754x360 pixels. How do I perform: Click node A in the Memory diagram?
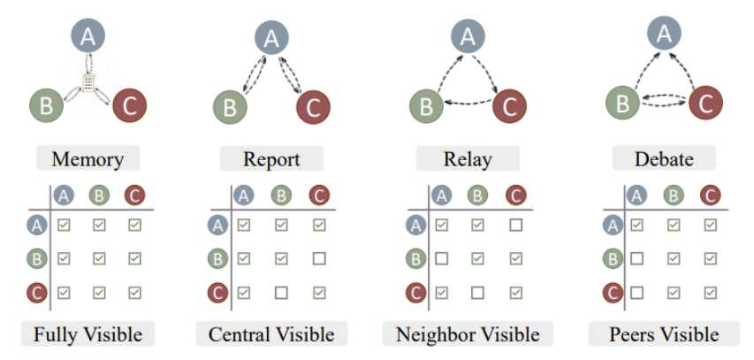pos(88,36)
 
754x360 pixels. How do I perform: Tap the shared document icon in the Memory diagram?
pos(88,83)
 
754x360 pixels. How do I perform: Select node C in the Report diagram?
pos(313,107)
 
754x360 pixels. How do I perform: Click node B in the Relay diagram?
pos(427,106)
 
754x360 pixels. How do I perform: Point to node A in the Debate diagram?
pos(664,34)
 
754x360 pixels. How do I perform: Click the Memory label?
pos(88,158)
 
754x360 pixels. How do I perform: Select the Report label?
pos(271,158)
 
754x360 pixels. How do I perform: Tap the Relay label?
pos(468,158)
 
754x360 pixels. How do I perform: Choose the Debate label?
pos(664,158)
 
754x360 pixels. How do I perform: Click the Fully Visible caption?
pos(88,334)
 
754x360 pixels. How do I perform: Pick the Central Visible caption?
pos(271,334)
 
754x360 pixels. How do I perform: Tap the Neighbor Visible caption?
pos(468,334)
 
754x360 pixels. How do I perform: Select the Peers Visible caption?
pos(664,334)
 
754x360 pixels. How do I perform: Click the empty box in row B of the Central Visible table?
pos(319,259)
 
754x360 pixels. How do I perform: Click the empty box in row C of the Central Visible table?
pos(281,293)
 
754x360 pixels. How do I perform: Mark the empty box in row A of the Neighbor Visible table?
pos(516,225)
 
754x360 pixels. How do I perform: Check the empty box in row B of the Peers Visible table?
pos(636,259)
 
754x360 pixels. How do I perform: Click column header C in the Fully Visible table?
pos(134,195)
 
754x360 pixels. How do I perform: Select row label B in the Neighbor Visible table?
pos(416,259)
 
